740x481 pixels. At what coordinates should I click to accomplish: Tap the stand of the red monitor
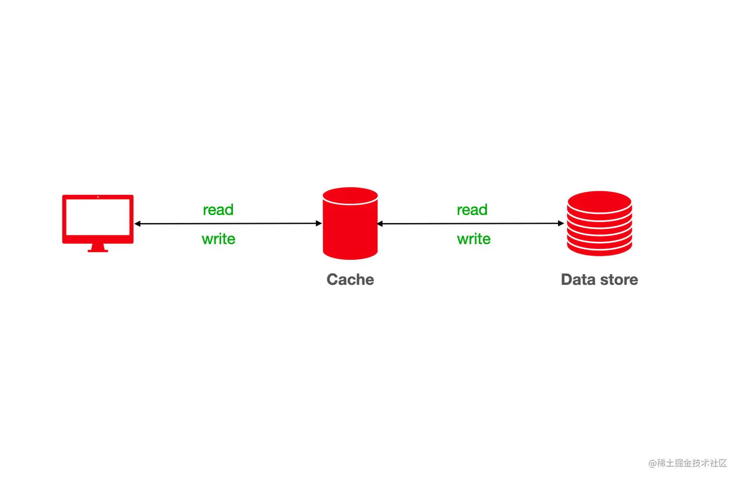tap(98, 248)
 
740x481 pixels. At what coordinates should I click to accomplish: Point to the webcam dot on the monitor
tap(98, 197)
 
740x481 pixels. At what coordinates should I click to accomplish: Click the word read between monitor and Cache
tap(218, 210)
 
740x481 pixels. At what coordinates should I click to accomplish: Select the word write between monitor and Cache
tap(218, 239)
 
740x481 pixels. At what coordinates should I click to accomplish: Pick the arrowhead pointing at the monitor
tap(138, 224)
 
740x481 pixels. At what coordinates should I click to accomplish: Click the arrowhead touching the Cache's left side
tap(319, 224)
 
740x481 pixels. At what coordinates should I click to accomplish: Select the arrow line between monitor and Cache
tap(228, 224)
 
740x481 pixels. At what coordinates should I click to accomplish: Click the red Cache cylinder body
tap(350, 230)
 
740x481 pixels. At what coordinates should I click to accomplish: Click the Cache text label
tap(350, 279)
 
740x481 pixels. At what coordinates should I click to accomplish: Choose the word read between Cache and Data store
tap(472, 210)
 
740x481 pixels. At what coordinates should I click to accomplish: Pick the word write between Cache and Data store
tap(473, 239)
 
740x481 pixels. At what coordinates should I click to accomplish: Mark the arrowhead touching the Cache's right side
tap(380, 224)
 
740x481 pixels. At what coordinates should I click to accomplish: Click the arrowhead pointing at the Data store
tap(561, 224)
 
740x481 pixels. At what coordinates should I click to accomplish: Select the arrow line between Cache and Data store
tap(470, 224)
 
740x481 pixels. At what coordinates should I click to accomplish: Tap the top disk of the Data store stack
tap(599, 201)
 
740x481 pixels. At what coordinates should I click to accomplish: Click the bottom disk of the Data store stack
tap(599, 249)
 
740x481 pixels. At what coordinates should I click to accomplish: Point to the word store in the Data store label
tap(619, 279)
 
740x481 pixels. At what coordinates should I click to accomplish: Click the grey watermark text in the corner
tap(688, 463)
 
